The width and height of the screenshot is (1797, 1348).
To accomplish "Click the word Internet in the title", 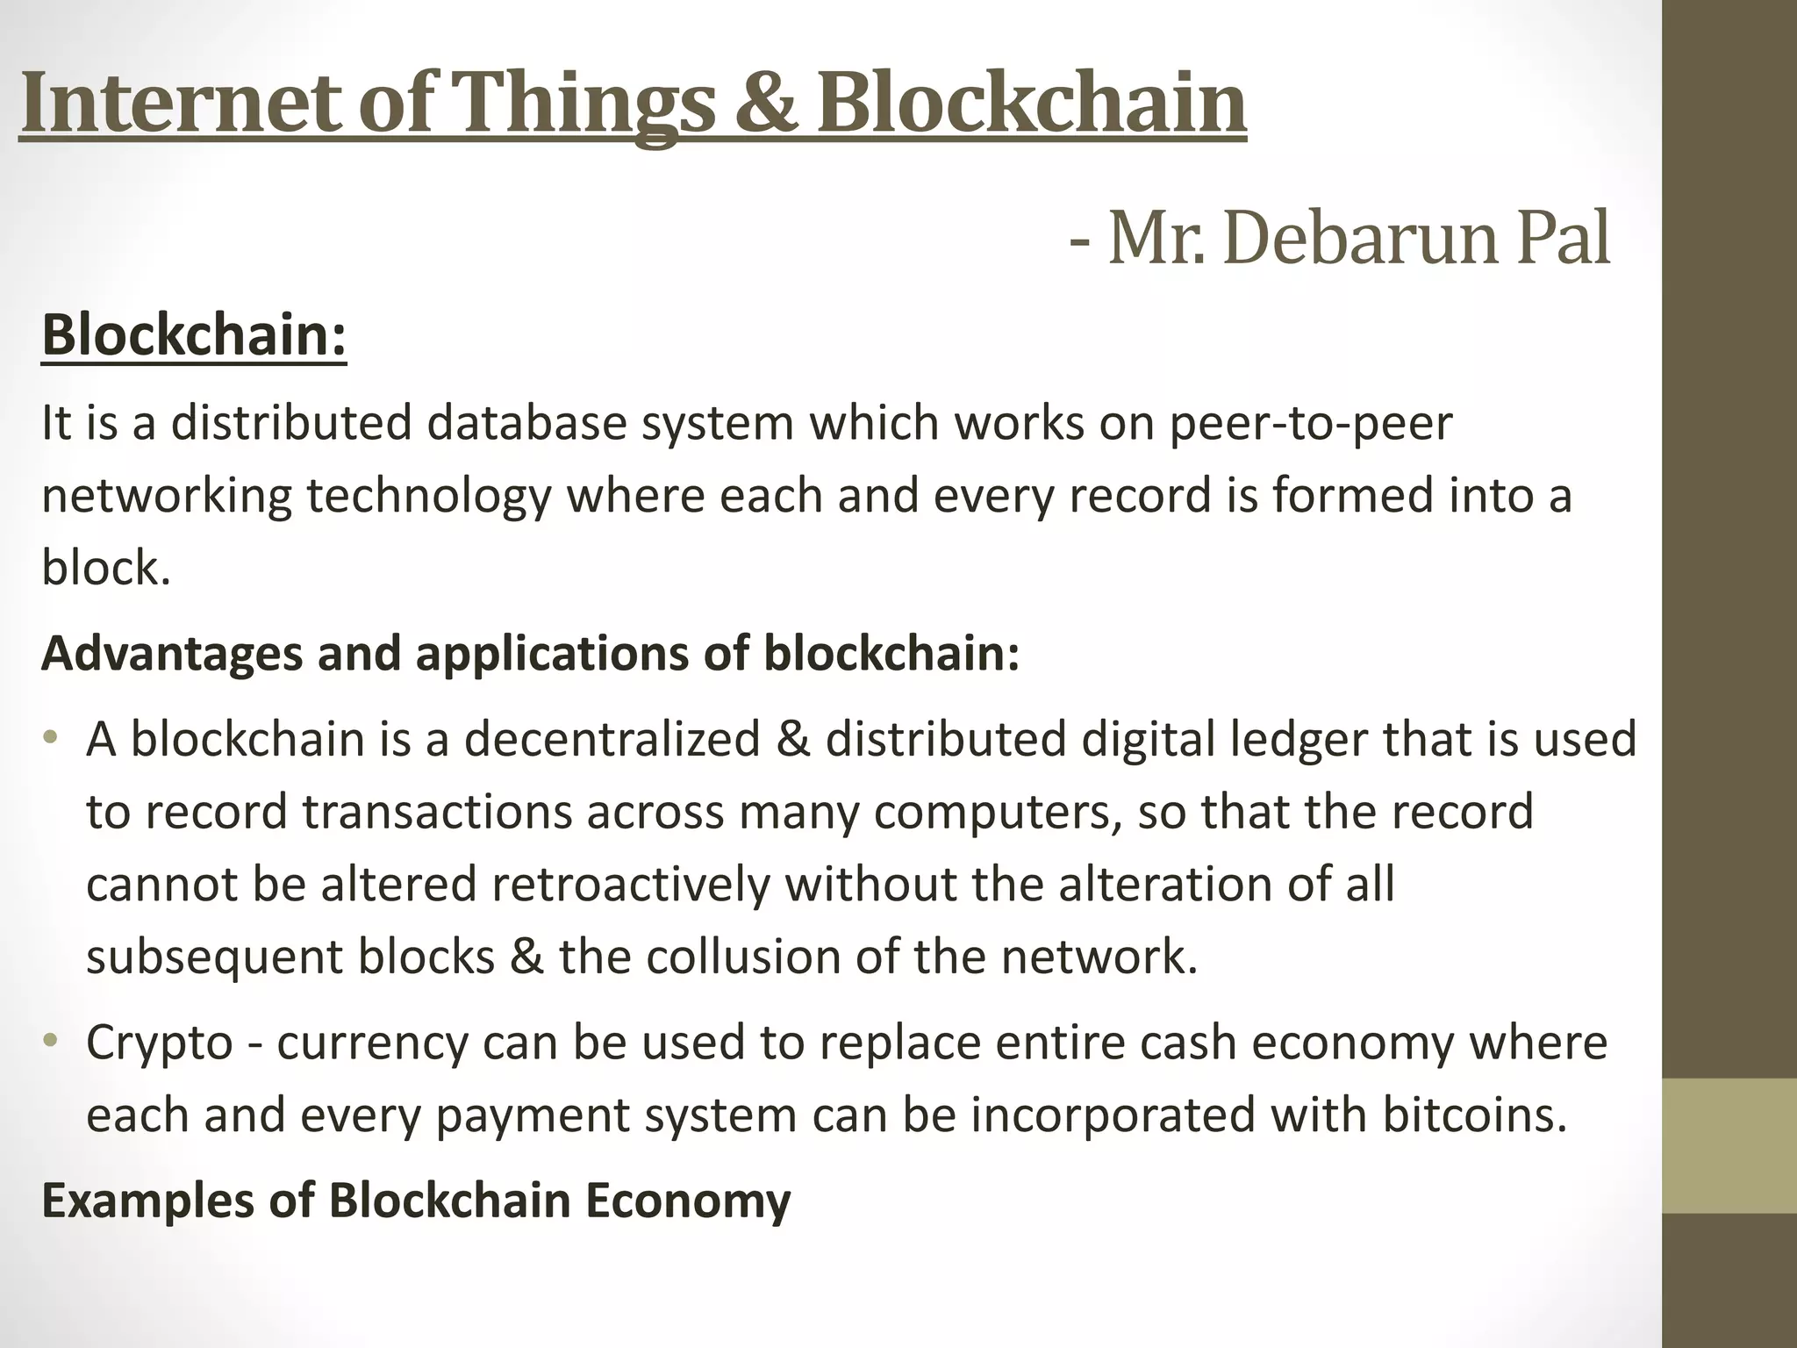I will coord(180,104).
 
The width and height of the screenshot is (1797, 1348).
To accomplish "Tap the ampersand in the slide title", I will coord(762,104).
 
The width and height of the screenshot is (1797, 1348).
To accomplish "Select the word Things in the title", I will coord(580,104).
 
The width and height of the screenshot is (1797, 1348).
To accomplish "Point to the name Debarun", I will coord(1357,239).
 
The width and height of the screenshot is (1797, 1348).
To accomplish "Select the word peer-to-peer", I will coord(1311,424).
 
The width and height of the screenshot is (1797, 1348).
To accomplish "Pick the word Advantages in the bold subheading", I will coord(172,654).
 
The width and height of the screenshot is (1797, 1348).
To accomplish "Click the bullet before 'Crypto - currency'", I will coord(51,1041).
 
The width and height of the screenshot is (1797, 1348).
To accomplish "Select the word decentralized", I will coord(612,739).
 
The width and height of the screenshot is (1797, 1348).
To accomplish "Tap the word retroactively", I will coord(629,884).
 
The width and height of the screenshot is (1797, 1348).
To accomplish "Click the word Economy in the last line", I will coord(688,1201).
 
